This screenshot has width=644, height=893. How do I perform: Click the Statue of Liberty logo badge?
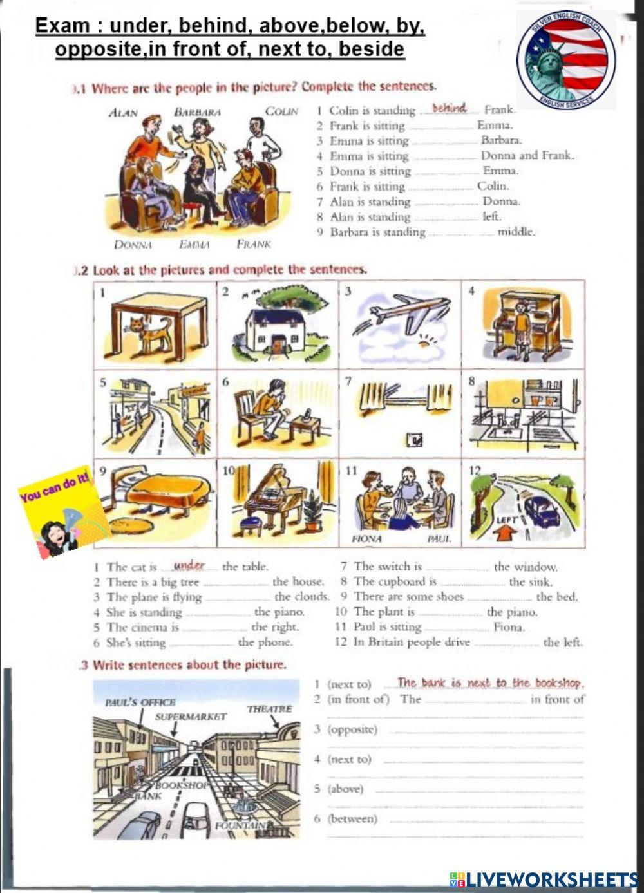coord(565,60)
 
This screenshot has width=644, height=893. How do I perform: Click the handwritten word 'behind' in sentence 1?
coord(449,108)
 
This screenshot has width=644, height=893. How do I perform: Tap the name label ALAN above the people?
coord(123,113)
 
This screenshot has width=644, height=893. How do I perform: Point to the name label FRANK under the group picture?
coord(253,244)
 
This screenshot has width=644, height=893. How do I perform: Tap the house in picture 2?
coord(277,330)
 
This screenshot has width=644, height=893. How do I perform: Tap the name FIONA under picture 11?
coord(366,538)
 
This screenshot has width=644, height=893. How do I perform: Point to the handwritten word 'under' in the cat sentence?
coord(189,565)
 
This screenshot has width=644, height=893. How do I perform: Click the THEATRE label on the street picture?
coord(269,708)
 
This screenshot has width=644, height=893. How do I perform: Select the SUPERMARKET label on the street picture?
coord(191,716)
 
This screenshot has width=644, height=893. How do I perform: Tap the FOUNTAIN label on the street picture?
coord(240,825)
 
